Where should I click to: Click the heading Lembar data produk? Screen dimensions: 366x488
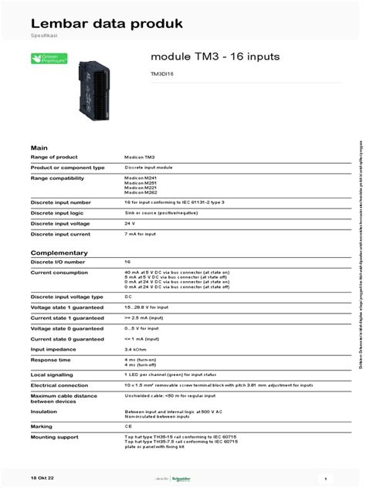click(106, 24)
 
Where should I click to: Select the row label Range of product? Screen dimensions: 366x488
click(56, 157)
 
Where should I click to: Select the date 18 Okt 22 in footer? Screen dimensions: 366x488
click(44, 478)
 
